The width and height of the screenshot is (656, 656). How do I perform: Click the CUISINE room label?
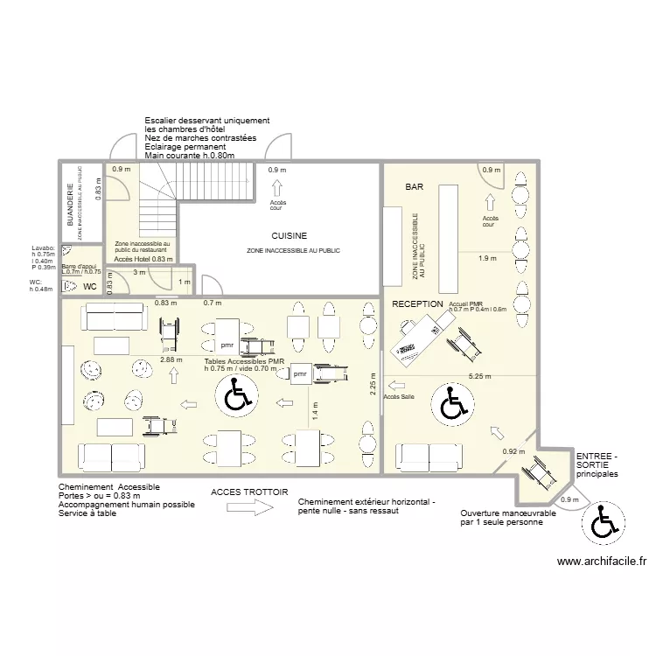289,236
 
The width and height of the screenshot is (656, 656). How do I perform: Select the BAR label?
414,188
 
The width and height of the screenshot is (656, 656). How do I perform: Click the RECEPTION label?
417,304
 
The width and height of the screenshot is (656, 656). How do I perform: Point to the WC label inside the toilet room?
89,286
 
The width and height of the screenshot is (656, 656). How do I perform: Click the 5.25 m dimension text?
478,376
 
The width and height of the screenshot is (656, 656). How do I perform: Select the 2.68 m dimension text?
172,359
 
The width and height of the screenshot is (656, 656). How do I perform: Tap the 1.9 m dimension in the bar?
489,258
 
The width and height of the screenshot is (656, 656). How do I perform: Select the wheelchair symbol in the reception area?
453,404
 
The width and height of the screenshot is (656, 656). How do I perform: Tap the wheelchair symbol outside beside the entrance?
603,523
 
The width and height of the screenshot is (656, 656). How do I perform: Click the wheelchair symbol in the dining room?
235,397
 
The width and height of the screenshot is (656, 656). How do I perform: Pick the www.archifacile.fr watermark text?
600,562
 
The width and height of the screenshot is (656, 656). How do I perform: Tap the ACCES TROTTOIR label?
249,492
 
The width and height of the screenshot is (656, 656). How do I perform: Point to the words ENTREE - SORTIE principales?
597,465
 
